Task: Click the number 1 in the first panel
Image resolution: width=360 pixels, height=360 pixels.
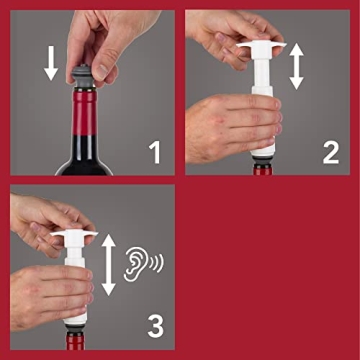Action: tap(154, 151)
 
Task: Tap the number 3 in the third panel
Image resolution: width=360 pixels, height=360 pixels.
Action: tap(154, 325)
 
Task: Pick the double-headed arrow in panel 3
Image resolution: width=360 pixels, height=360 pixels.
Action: tap(108, 260)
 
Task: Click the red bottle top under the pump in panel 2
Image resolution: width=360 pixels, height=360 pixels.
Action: tap(265, 168)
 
